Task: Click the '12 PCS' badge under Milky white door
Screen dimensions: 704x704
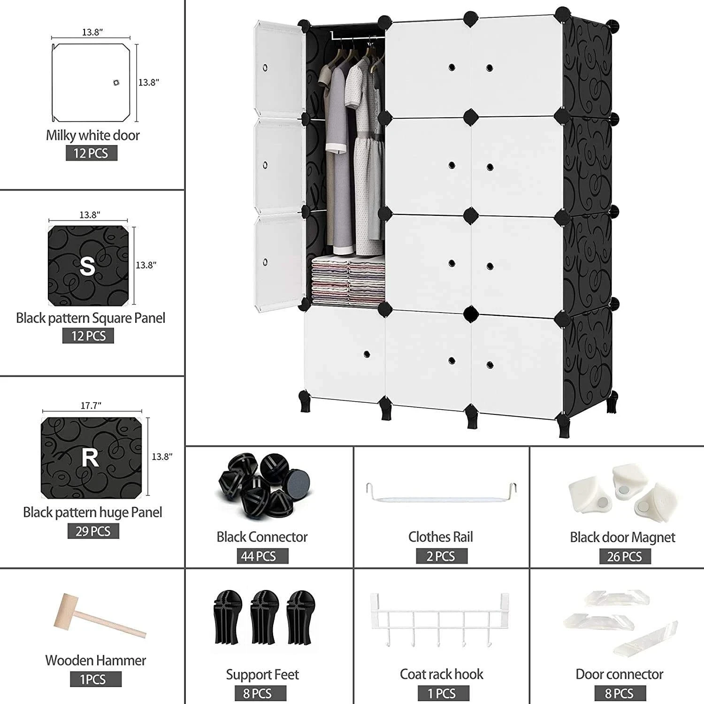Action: coord(92,153)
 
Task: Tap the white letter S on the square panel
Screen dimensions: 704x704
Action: coord(88,266)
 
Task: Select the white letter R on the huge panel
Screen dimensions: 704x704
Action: coord(90,458)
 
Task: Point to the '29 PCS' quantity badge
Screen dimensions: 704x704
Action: coord(93,531)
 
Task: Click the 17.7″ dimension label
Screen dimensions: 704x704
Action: coord(91,406)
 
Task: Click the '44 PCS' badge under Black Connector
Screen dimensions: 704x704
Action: coord(262,556)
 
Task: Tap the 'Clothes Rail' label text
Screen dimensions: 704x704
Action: coord(441,536)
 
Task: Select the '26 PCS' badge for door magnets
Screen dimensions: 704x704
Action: coord(625,557)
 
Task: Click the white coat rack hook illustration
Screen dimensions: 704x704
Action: coord(439,620)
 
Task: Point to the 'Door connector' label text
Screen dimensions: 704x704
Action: coord(619,674)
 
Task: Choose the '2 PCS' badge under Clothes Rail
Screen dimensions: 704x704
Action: coord(442,556)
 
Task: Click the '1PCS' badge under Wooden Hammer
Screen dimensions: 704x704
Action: coord(96,679)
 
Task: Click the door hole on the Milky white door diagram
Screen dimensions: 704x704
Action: coord(116,83)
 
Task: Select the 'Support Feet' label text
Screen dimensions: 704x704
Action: coord(262,674)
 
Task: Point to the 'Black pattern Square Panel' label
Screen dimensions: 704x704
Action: coord(91,318)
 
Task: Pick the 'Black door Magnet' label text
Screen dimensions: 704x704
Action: coord(622,537)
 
